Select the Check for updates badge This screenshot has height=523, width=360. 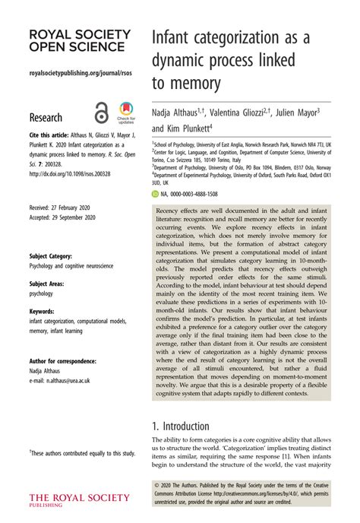[x=125, y=113]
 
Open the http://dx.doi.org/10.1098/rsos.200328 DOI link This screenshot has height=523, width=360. [x=70, y=173]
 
